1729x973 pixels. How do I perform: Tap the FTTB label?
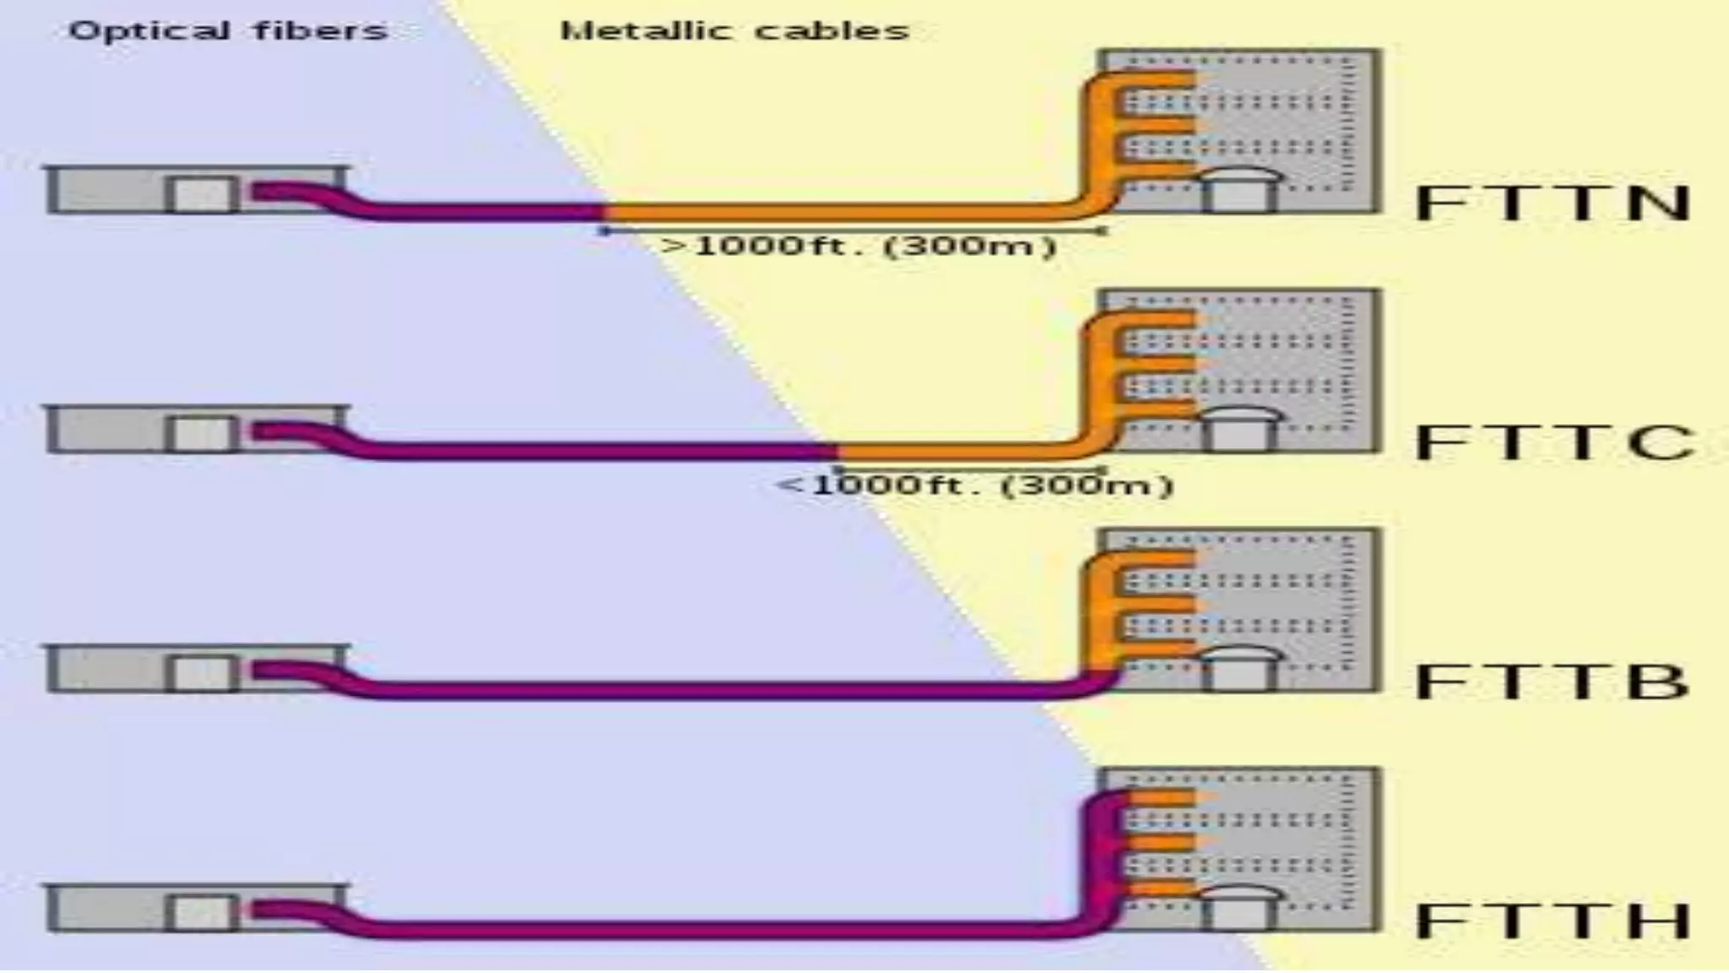tap(1552, 682)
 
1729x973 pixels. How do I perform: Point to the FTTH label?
tap(1552, 921)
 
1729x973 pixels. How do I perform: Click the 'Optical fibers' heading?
tap(228, 31)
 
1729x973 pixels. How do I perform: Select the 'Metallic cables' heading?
tap(734, 31)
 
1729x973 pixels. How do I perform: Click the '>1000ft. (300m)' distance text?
tap(859, 247)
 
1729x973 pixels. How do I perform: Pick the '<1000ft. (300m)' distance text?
tap(975, 486)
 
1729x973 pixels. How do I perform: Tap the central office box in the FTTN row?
tap(196, 191)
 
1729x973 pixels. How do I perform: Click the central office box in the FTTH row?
tap(196, 909)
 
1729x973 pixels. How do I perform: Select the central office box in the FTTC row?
tap(196, 430)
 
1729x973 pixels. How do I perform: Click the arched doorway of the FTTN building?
tap(1239, 191)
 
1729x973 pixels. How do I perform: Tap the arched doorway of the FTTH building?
tap(1239, 909)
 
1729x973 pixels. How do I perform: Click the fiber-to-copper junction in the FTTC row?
tap(836, 450)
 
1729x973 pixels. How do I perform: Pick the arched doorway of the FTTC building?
tap(1239, 430)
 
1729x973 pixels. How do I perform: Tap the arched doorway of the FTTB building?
tap(1239, 669)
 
